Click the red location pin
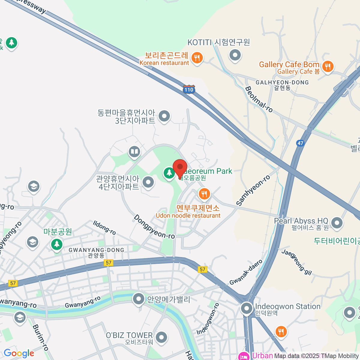point(180,168)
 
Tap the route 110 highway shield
point(189,89)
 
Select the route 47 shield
point(300,143)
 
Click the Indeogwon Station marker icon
point(247,308)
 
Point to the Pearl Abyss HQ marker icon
point(337,223)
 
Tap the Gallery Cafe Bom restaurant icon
point(328,67)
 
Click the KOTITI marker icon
point(235,55)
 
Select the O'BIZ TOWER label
point(129,335)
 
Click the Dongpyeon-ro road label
point(154,227)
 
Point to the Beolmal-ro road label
point(259,99)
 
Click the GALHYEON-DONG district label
point(282,82)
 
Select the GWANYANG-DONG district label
point(96,250)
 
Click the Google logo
point(19,353)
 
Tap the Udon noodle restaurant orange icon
point(204,194)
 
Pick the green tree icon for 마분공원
point(56,244)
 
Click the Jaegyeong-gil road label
point(297,262)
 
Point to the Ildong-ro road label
point(104,228)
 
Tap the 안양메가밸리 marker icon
point(139,299)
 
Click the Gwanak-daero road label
point(246,272)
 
